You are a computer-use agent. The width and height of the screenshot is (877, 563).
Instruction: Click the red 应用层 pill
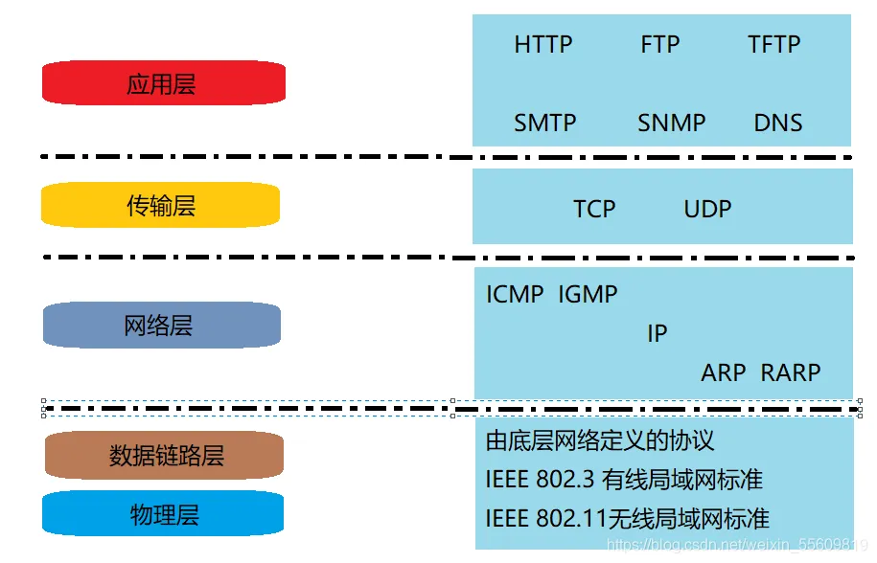click(x=164, y=83)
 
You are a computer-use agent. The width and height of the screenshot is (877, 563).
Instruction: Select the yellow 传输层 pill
click(x=161, y=205)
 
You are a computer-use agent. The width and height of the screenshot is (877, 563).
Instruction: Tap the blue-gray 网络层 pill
click(x=161, y=326)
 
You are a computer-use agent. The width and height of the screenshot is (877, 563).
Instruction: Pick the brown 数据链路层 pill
click(x=165, y=455)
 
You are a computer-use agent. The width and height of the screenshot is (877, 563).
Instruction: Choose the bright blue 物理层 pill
click(x=164, y=514)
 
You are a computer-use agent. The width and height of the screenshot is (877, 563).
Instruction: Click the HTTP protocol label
click(x=543, y=45)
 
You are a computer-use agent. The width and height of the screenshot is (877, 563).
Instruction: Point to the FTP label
click(x=660, y=45)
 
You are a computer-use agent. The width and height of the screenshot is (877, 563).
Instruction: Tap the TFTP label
click(x=773, y=45)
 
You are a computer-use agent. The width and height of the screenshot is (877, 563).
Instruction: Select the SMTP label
click(x=545, y=124)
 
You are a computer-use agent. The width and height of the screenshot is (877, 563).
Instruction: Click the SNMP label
click(x=672, y=124)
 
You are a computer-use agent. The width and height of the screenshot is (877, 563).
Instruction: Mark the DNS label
click(x=778, y=124)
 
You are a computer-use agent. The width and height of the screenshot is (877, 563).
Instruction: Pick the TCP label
click(x=594, y=210)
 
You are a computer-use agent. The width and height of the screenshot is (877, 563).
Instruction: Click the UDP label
click(x=708, y=210)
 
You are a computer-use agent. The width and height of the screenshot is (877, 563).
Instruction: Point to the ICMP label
click(x=515, y=295)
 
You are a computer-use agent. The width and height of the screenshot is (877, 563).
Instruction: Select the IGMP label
click(x=588, y=295)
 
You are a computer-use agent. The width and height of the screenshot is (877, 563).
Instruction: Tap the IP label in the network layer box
click(x=657, y=334)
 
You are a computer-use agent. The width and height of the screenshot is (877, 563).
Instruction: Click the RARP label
click(x=791, y=372)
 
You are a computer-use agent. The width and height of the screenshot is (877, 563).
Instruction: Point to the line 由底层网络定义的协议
click(x=601, y=440)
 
